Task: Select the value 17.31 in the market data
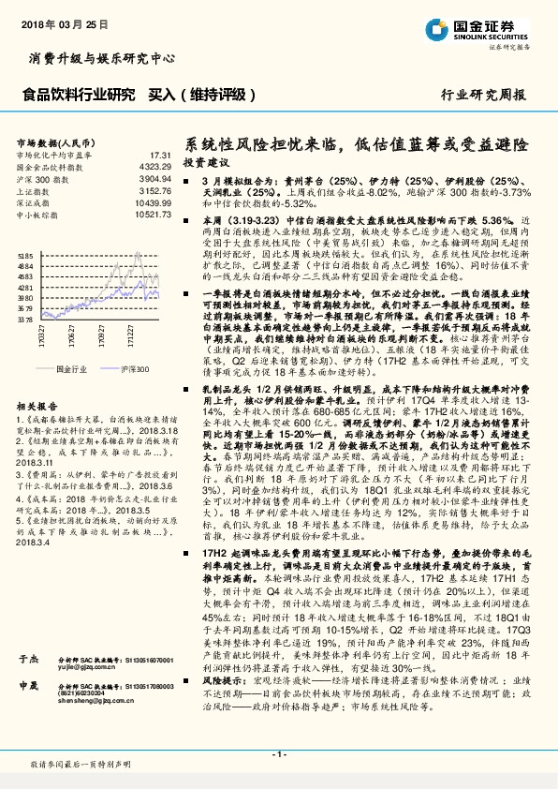click(x=158, y=155)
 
